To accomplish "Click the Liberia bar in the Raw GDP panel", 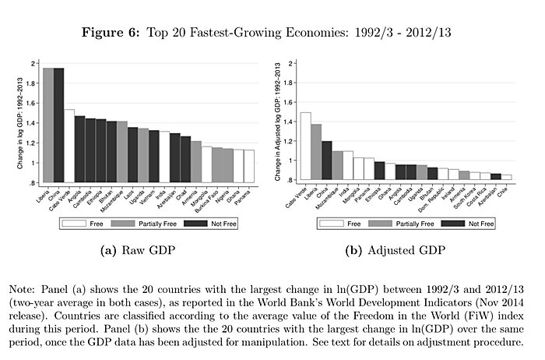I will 48,125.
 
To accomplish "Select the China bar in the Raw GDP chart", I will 58,125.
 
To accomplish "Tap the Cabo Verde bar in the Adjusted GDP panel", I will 305,147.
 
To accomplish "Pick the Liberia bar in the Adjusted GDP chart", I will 316,153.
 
